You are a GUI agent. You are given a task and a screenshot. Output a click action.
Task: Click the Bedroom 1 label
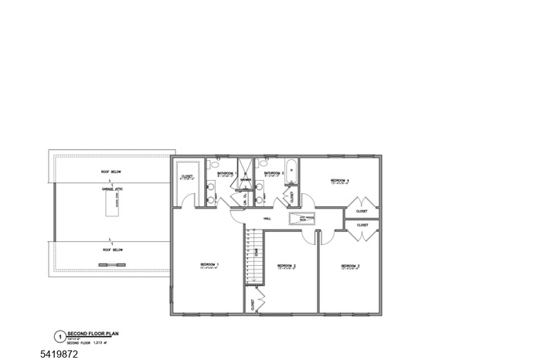pyautogui.click(x=210, y=265)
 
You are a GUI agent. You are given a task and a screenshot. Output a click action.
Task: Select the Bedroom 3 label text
pyautogui.click(x=352, y=266)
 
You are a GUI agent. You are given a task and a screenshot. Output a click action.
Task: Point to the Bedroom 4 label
pyautogui.click(x=340, y=180)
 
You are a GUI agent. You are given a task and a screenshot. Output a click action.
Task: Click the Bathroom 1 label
pyautogui.click(x=226, y=173)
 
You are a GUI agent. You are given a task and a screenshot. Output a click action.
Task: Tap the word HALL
pyautogui.click(x=267, y=219)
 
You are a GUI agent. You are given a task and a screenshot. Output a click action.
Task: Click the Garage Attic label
pyautogui.click(x=112, y=188)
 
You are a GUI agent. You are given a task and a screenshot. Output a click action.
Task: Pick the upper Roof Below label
pyautogui.click(x=111, y=172)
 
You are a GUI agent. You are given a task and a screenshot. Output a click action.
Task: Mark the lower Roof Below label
pyautogui.click(x=113, y=250)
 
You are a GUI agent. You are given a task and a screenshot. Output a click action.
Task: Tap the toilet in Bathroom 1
pyautogui.click(x=215, y=164)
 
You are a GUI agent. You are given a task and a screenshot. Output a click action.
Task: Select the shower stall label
pyautogui.click(x=246, y=180)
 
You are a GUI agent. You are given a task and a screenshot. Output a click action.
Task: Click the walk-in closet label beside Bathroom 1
pyautogui.click(x=187, y=177)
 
